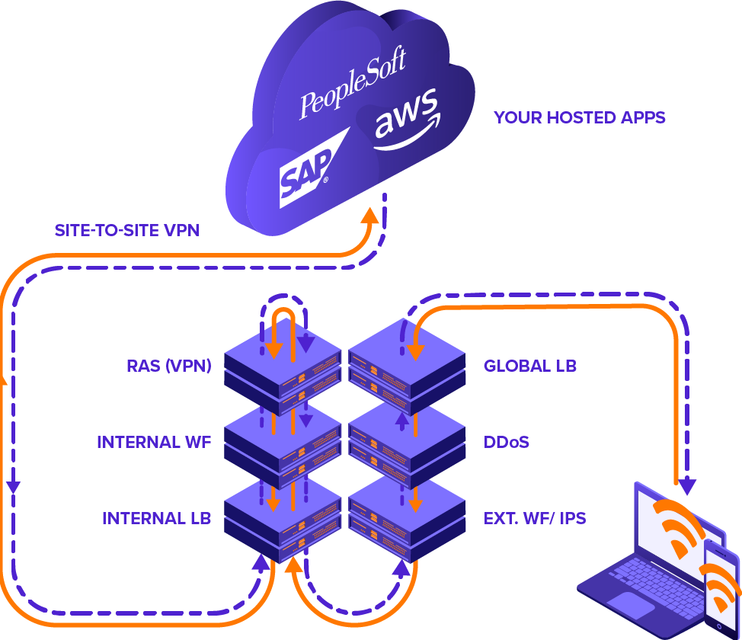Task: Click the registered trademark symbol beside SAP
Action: [x=326, y=181]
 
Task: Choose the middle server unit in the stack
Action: [x=318, y=450]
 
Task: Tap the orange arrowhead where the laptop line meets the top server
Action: [x=415, y=351]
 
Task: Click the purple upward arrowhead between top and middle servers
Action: [x=401, y=419]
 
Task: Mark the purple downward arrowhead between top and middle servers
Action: [x=305, y=421]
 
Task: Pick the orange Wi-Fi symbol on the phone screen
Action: [x=721, y=587]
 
